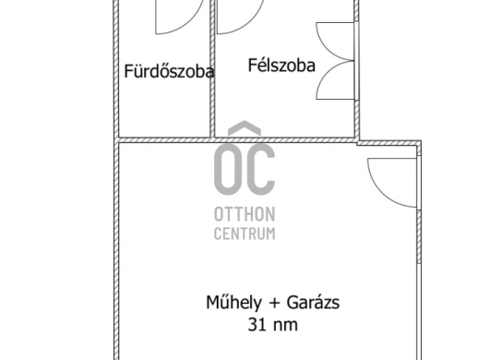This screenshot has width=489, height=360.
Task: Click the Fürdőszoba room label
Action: click(169, 71)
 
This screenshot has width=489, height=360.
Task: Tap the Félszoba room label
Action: click(281, 66)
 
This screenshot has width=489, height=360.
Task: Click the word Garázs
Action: click(313, 303)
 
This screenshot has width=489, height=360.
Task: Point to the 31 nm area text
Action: click(273, 324)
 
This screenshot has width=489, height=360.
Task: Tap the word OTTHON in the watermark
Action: click(244, 214)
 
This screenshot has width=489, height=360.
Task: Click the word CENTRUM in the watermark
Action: click(244, 234)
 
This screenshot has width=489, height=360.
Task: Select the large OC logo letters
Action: click(244, 170)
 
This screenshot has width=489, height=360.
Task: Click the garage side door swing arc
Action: click(379, 193)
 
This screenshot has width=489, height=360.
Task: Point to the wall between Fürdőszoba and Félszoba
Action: click(212, 68)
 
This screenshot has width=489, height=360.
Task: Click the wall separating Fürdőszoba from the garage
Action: click(164, 140)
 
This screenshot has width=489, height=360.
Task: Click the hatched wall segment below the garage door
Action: click(419, 236)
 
